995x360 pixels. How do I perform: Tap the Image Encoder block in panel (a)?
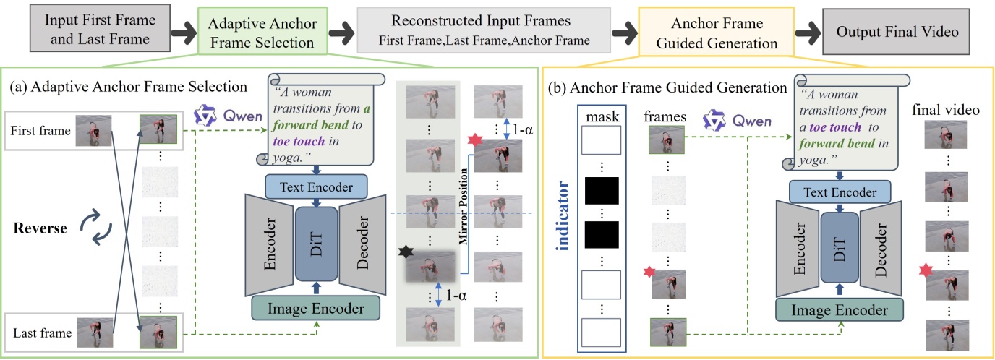pos(316,309)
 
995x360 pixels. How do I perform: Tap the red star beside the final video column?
pos(923,271)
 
